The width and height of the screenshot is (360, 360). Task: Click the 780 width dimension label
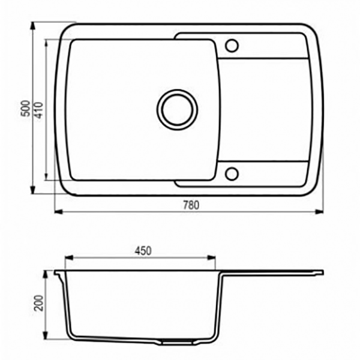191,205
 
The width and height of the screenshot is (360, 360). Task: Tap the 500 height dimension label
25,109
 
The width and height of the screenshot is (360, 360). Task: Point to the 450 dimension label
143,251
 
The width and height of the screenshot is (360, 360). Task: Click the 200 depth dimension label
38,303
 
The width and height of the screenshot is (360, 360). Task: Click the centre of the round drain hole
177,110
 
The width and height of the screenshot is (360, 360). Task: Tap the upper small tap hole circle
232,46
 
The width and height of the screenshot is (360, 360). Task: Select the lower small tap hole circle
232,173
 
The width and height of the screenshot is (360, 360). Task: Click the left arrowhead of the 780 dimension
58,212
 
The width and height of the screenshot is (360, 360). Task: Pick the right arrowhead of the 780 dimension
319,212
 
